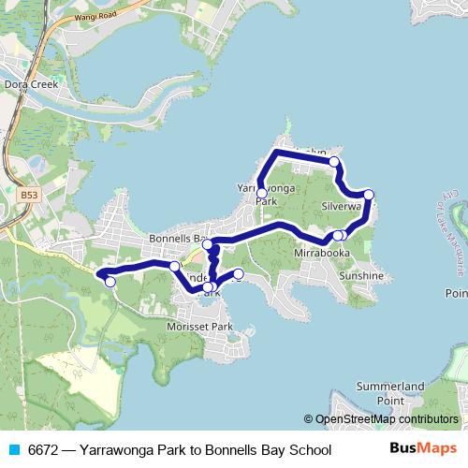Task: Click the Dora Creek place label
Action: click(x=31, y=84)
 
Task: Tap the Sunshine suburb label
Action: click(x=360, y=276)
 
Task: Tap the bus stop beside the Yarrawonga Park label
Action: click(x=261, y=194)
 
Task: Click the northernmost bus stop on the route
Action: click(x=333, y=162)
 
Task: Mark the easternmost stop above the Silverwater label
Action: click(x=369, y=195)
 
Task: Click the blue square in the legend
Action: click(x=12, y=450)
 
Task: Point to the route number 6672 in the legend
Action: click(x=44, y=450)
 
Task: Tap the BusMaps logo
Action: click(x=424, y=449)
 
